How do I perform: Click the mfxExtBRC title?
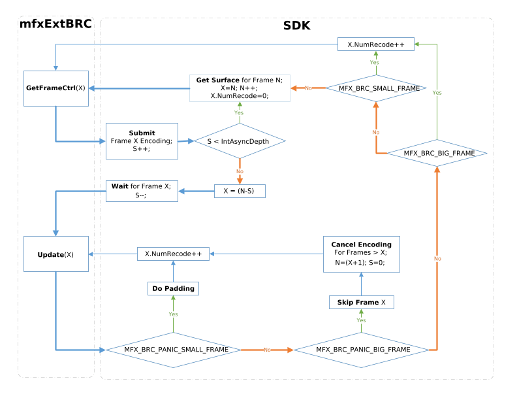coord(55,26)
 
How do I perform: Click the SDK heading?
coord(297,26)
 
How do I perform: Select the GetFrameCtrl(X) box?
coord(55,87)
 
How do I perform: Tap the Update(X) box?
coord(55,254)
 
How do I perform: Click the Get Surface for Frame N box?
coord(239,88)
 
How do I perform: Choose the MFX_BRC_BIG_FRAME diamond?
coord(437,152)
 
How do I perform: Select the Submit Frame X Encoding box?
coord(142,140)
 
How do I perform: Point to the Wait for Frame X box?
coord(142,190)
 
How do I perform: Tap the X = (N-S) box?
coord(240,191)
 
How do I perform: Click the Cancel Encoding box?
coord(361,254)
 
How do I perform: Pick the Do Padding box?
coord(173,288)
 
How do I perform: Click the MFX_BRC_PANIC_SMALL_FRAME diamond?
coord(173,350)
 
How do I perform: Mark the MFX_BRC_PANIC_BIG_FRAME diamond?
coord(362,350)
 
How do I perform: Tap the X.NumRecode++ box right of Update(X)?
coord(173,254)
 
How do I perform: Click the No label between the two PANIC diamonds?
coord(267,350)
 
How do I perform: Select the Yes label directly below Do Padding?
coord(173,314)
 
